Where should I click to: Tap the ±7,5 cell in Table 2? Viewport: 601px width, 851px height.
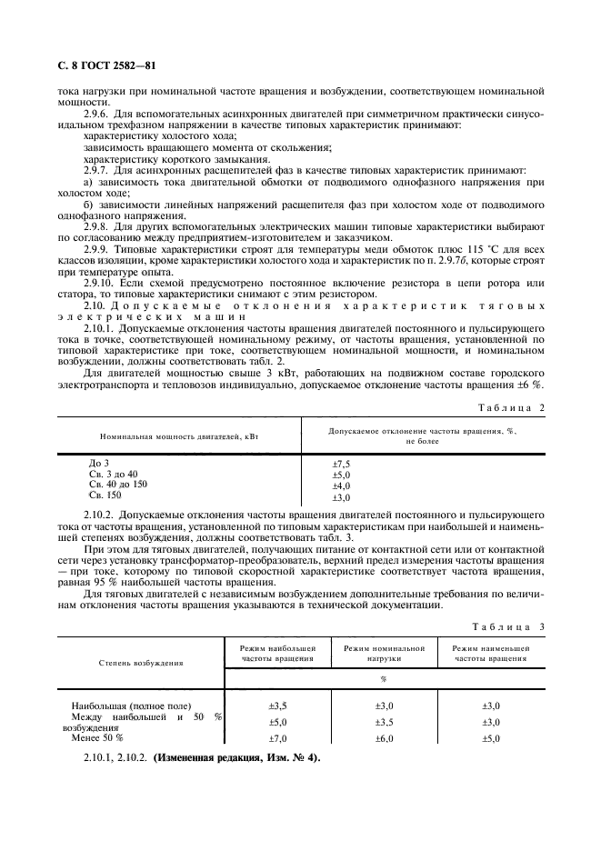pos(341,464)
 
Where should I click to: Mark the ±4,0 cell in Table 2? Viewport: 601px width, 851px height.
pos(341,486)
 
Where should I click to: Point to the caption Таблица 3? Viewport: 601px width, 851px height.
pos(509,626)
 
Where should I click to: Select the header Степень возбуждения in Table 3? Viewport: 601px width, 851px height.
pos(142,663)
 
